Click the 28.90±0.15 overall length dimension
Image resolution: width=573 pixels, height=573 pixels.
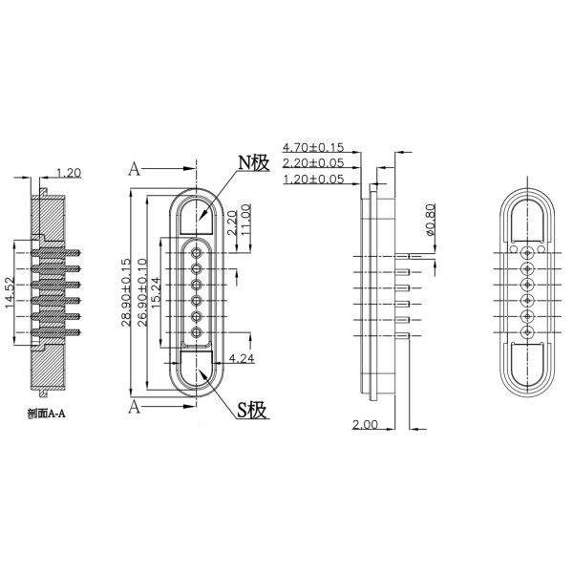point(127,292)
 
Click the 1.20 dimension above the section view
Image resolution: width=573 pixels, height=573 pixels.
point(68,173)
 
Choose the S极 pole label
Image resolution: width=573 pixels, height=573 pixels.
point(251,411)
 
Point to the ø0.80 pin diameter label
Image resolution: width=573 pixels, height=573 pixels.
point(429,220)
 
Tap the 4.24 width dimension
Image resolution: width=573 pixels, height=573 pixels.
point(241,360)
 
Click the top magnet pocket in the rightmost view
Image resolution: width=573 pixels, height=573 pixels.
point(526,221)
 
